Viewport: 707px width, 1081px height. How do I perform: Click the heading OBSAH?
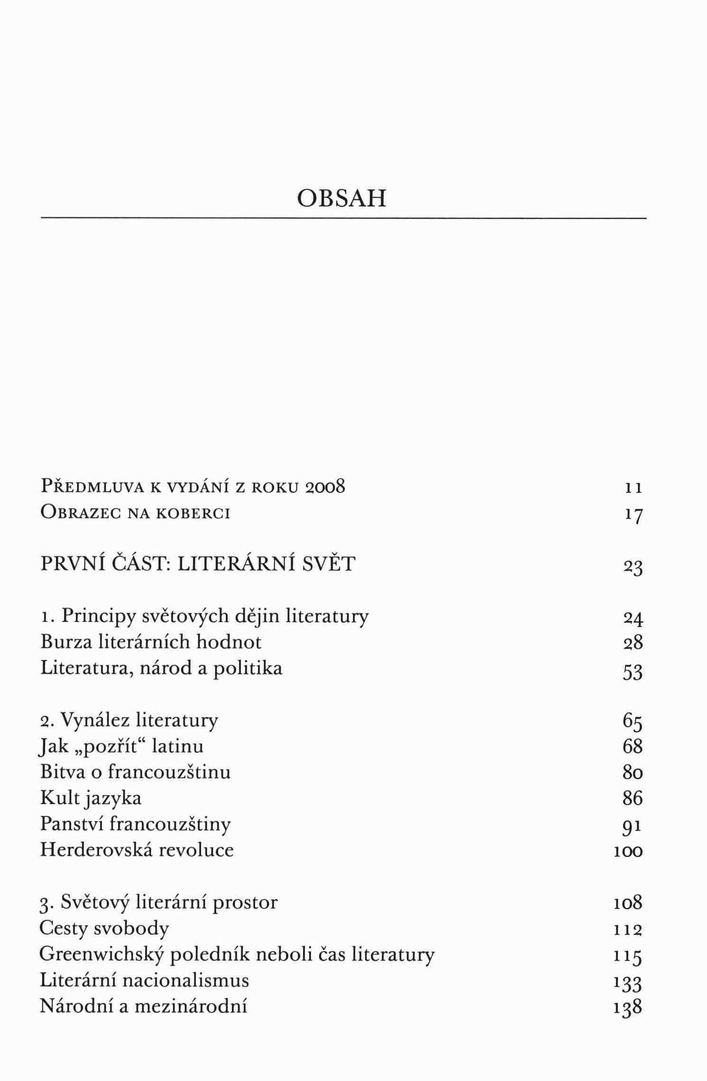point(341,198)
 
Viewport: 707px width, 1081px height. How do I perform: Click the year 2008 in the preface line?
point(325,487)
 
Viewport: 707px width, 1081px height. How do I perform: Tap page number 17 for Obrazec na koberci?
point(633,515)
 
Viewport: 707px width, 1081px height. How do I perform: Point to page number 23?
point(633,567)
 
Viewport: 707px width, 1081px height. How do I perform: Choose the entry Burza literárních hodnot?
point(151,642)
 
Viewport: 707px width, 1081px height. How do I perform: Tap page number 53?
point(633,672)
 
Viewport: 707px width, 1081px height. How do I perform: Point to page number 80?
point(633,773)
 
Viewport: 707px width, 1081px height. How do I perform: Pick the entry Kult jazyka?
point(91,798)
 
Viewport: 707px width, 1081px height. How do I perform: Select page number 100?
point(628,851)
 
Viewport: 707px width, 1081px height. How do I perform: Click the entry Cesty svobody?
point(104,929)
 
